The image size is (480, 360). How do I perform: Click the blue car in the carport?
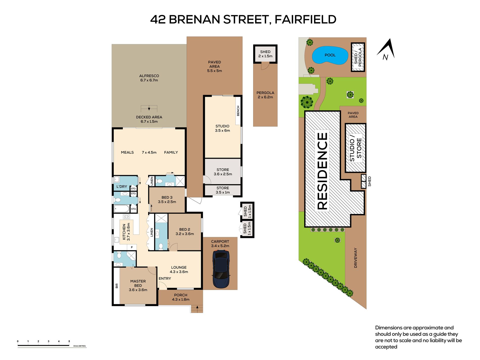221,269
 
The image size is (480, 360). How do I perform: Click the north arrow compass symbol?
386,50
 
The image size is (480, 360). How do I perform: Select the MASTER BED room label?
138,283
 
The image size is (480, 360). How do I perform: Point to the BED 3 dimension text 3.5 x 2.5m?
167,202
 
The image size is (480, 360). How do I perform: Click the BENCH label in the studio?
238,111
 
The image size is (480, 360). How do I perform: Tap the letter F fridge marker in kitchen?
132,247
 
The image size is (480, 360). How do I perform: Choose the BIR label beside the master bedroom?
117,286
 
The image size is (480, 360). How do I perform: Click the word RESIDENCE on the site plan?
322,171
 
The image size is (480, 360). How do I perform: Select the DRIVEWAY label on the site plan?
356,258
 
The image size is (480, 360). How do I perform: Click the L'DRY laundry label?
122,187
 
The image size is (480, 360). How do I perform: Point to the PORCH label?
181,295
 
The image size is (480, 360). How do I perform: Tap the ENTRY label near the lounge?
165,278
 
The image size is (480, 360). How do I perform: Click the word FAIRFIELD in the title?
305,19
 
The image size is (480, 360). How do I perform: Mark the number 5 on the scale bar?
69,341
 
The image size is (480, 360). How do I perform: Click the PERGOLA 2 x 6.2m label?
265,95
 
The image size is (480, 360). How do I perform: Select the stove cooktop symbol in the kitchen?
126,217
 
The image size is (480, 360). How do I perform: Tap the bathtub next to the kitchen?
122,209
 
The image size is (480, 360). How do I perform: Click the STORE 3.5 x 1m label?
223,190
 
